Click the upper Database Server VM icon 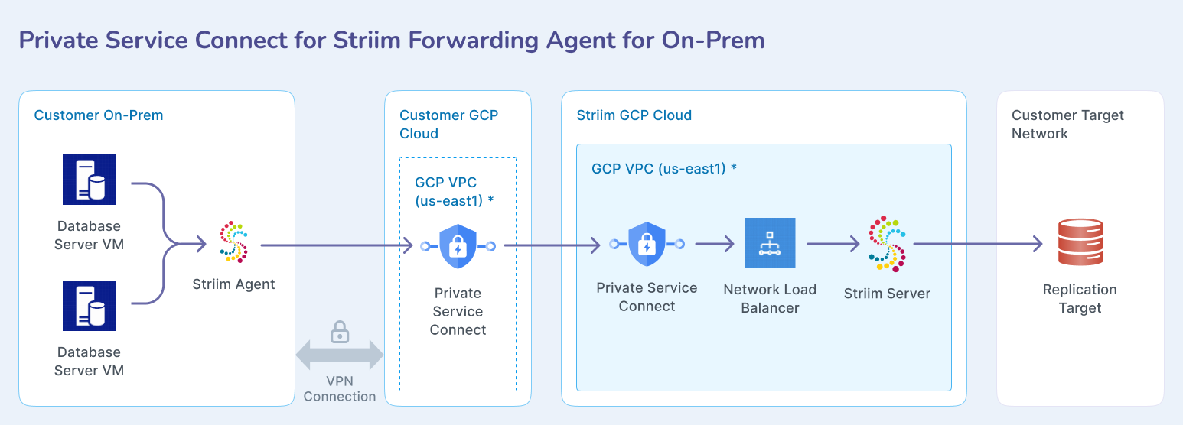[89, 180]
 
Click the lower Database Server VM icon [89, 306]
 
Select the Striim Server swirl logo [888, 243]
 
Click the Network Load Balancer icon [770, 243]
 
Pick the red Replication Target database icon [1080, 242]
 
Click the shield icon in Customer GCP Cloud [458, 246]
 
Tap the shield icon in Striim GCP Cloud [647, 244]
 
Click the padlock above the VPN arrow [340, 333]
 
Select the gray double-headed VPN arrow [340, 355]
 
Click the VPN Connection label [340, 388]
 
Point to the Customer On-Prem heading [99, 115]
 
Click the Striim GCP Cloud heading [634, 115]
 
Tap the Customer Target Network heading [1067, 124]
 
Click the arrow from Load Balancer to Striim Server [833, 244]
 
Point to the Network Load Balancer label [770, 299]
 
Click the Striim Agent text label [233, 284]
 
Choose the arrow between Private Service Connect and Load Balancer [715, 244]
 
